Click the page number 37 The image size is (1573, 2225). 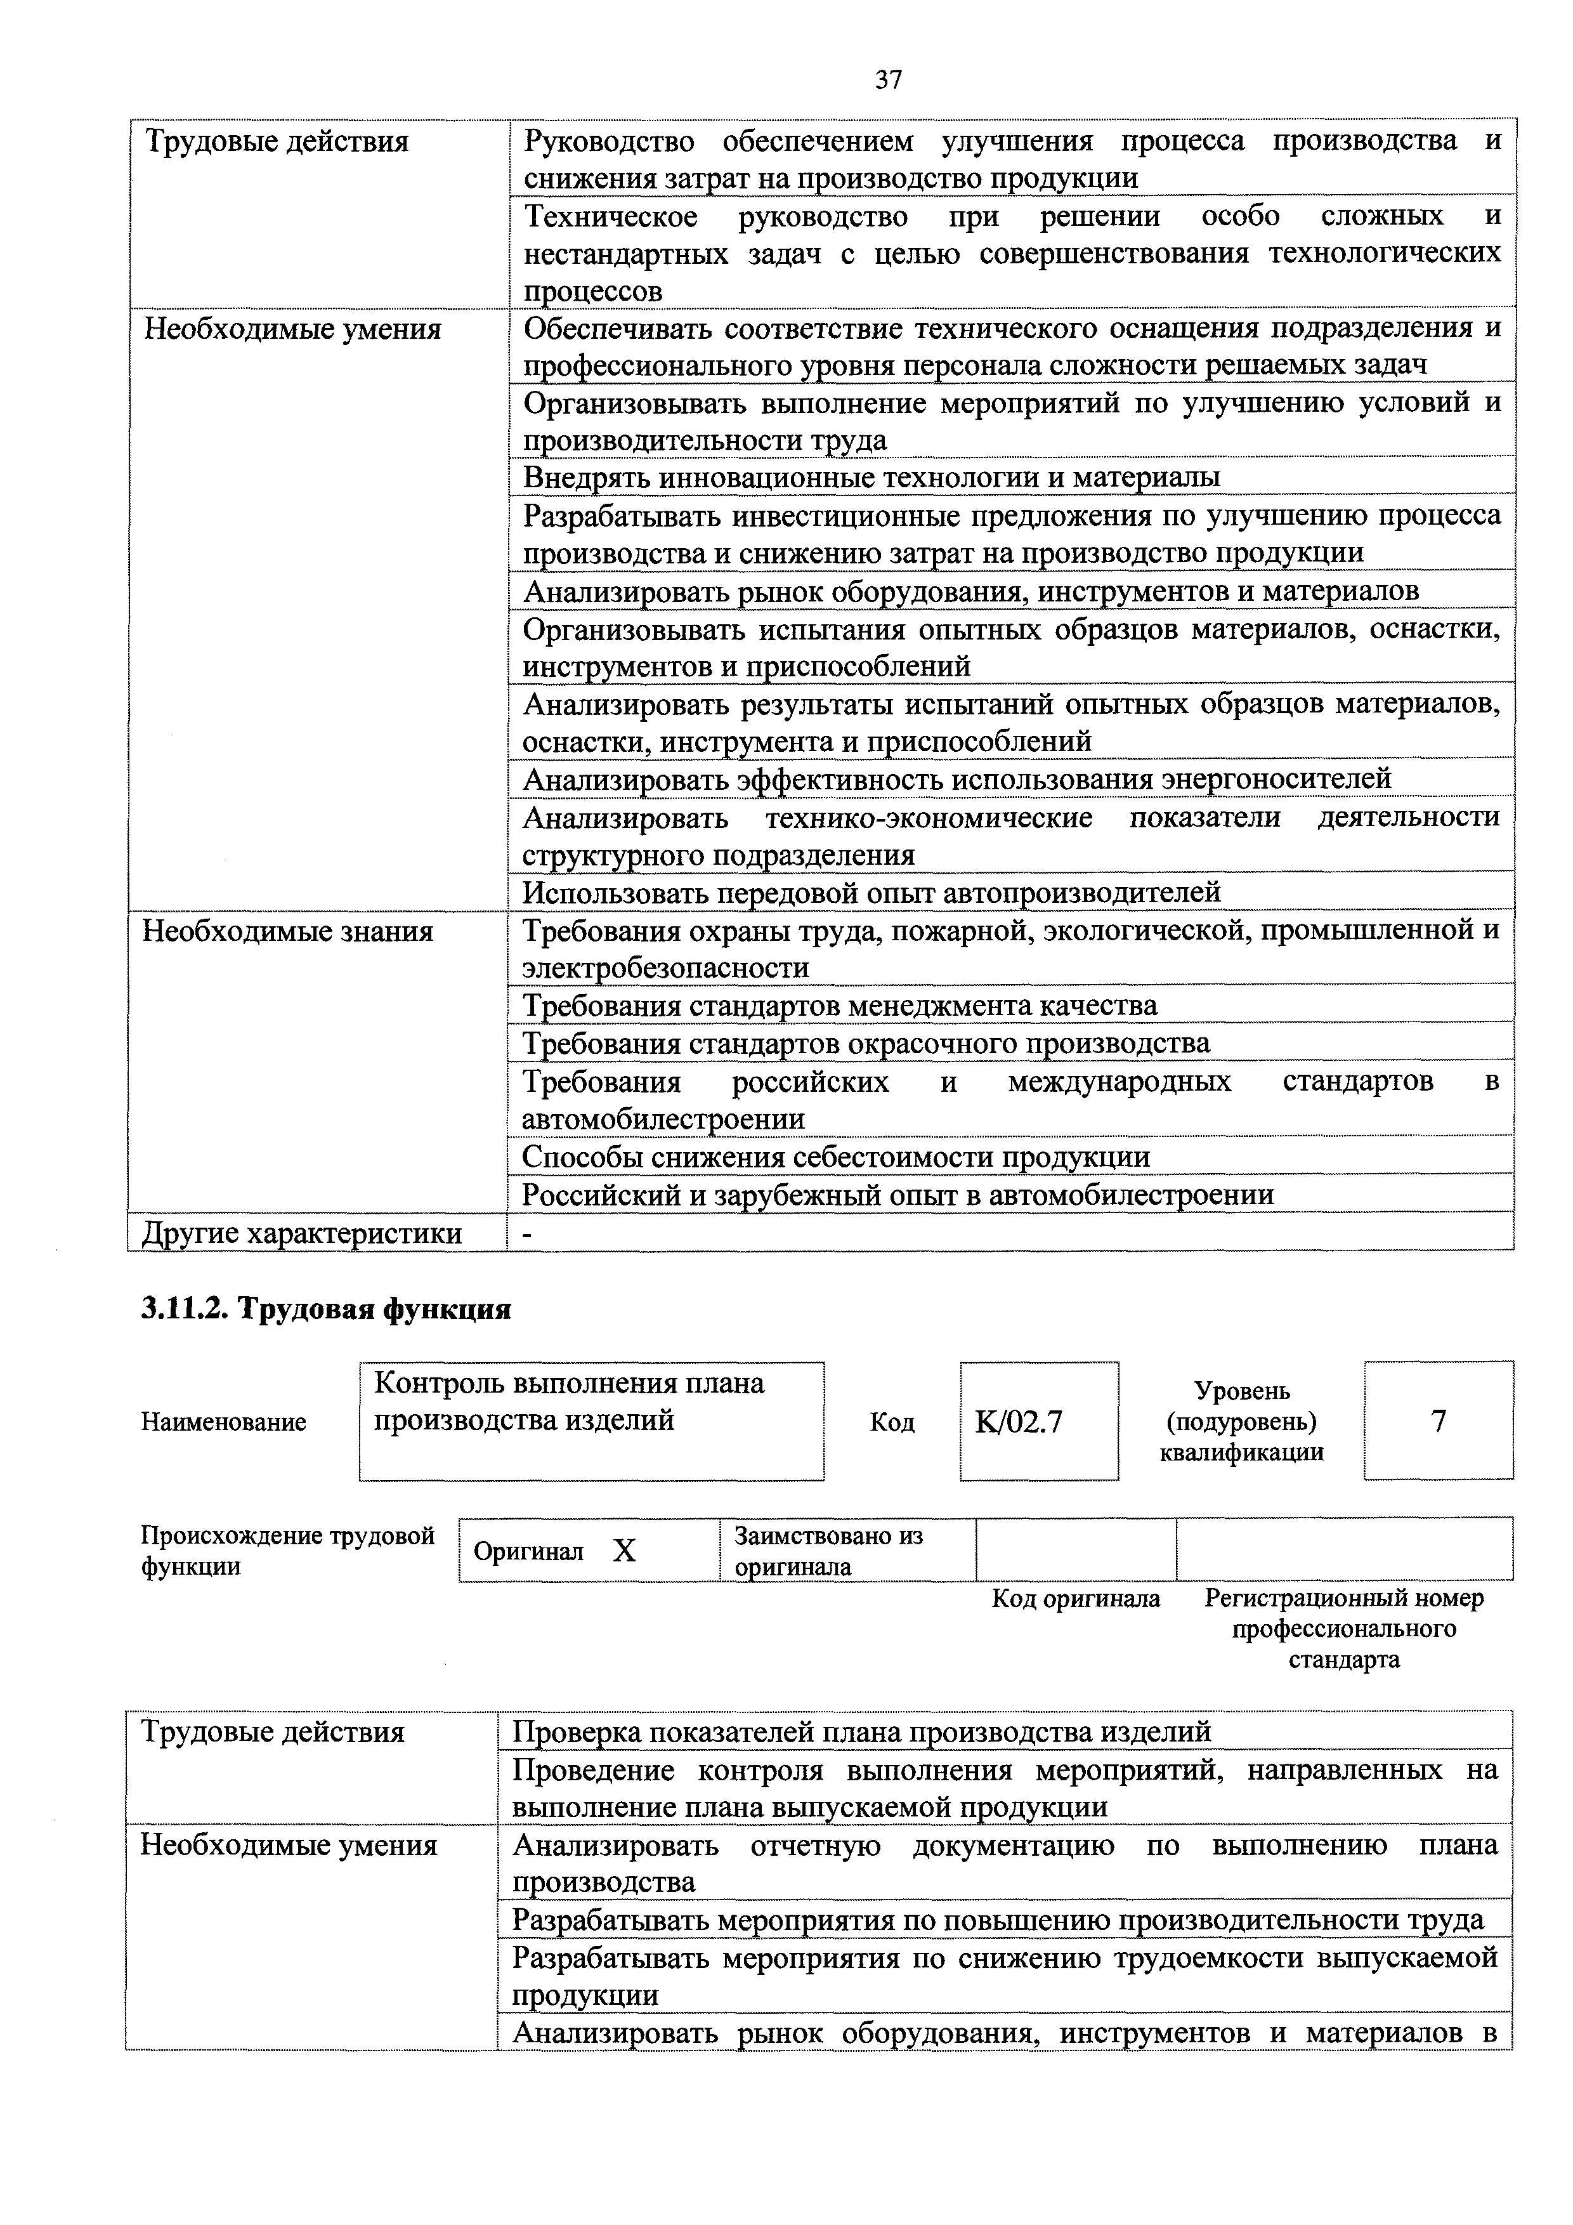click(888, 79)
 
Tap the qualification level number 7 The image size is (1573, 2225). click(1439, 1421)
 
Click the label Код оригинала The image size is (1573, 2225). click(1075, 1598)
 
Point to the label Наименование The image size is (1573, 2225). click(224, 1422)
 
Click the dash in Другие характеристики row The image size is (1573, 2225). click(528, 1233)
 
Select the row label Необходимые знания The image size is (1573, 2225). click(288, 931)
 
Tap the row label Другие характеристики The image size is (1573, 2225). click(302, 1233)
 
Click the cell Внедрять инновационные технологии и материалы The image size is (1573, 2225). click(871, 477)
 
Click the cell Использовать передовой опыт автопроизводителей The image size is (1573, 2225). click(871, 891)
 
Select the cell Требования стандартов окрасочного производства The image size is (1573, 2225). click(866, 1043)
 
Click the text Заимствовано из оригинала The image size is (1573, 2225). click(828, 1551)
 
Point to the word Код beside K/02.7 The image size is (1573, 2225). click(892, 1422)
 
